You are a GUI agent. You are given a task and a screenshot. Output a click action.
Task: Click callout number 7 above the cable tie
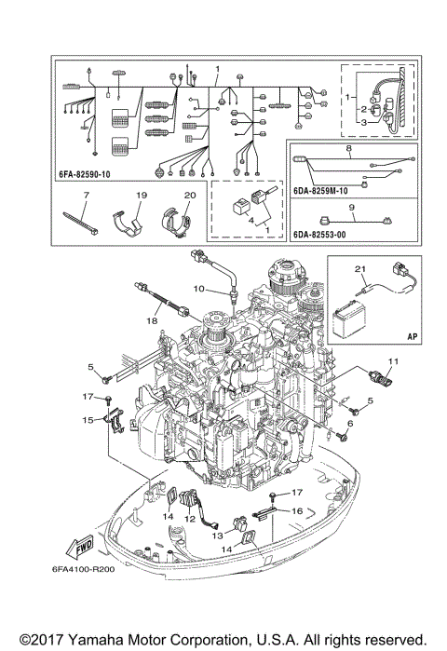coord(86,195)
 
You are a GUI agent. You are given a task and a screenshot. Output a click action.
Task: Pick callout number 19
coord(142,195)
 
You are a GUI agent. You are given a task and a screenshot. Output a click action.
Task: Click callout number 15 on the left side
coord(88,421)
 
